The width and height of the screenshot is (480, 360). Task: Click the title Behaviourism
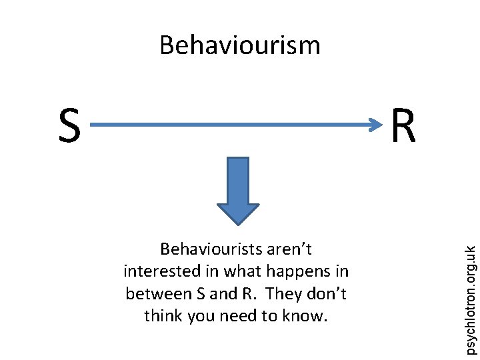click(240, 45)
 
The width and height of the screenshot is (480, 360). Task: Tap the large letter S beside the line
click(69, 127)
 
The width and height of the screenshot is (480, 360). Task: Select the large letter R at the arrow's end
click(403, 127)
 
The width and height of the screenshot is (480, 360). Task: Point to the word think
click(163, 316)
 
